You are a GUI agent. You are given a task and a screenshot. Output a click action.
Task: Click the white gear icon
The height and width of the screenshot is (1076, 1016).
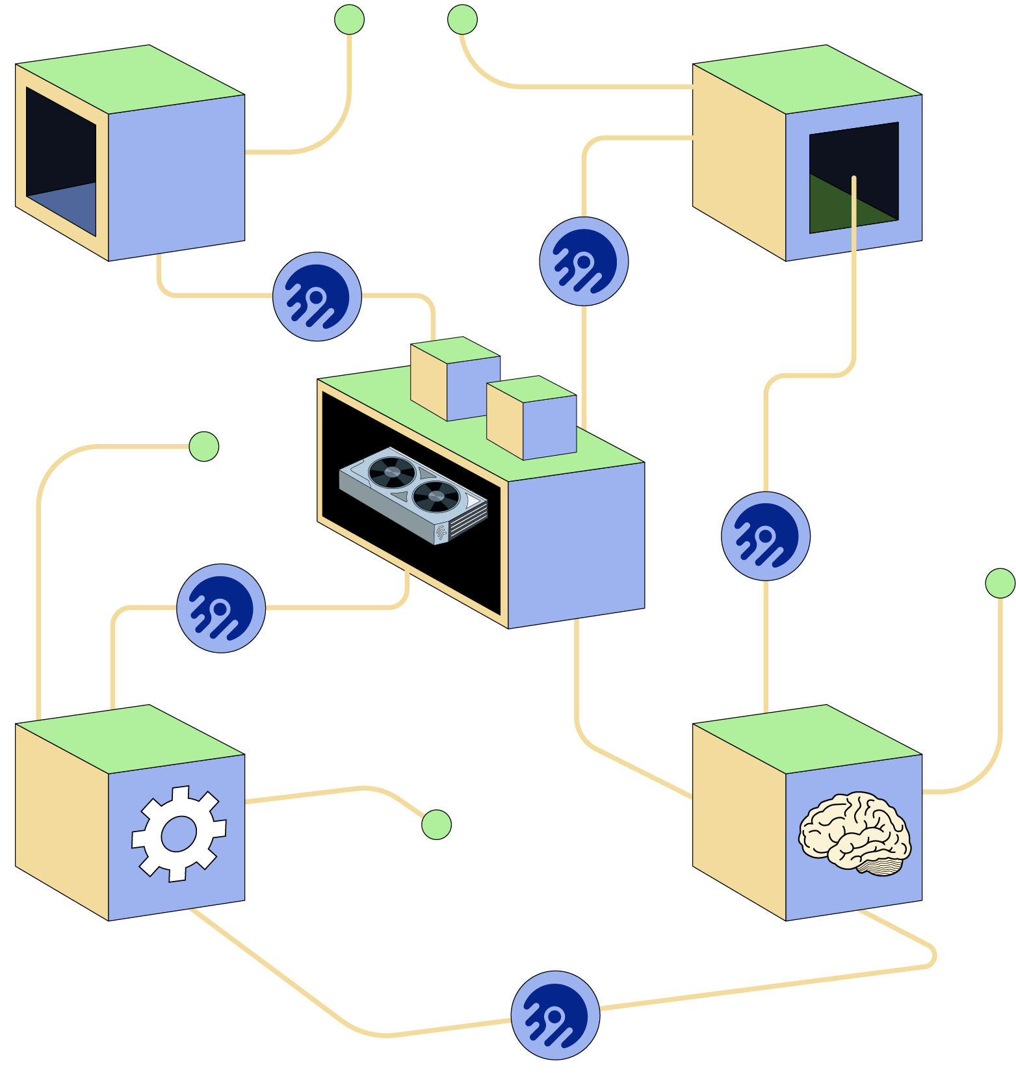tap(179, 834)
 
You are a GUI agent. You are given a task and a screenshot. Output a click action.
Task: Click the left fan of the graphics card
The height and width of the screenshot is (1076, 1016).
tap(392, 471)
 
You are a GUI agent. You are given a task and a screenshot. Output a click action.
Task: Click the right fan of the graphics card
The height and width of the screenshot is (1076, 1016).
tap(436, 497)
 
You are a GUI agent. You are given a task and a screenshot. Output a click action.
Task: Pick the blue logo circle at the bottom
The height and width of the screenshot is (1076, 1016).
tap(555, 1015)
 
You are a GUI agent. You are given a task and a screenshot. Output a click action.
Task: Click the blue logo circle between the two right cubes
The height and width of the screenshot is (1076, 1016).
tap(766, 536)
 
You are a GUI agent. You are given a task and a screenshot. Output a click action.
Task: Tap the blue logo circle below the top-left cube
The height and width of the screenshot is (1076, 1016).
tap(317, 296)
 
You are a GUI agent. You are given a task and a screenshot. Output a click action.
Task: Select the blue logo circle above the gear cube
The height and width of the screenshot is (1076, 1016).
tap(221, 608)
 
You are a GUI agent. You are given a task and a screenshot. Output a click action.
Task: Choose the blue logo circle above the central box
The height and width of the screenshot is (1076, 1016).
tap(584, 261)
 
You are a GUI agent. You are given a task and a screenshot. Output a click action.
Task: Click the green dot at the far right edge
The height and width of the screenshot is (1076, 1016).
tap(1000, 583)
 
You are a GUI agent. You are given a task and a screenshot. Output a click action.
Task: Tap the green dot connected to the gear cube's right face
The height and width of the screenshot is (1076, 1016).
tap(436, 824)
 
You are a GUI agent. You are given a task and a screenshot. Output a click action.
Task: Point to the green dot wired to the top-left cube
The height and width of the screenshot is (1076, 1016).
tap(349, 20)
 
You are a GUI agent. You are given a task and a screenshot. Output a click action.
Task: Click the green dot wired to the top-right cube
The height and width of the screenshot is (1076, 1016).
tap(462, 20)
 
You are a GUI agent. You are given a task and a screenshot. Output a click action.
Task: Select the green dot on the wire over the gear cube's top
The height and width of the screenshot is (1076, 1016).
tap(203, 447)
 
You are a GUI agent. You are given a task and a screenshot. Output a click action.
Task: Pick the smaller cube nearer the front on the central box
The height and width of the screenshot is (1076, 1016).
tap(532, 419)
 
